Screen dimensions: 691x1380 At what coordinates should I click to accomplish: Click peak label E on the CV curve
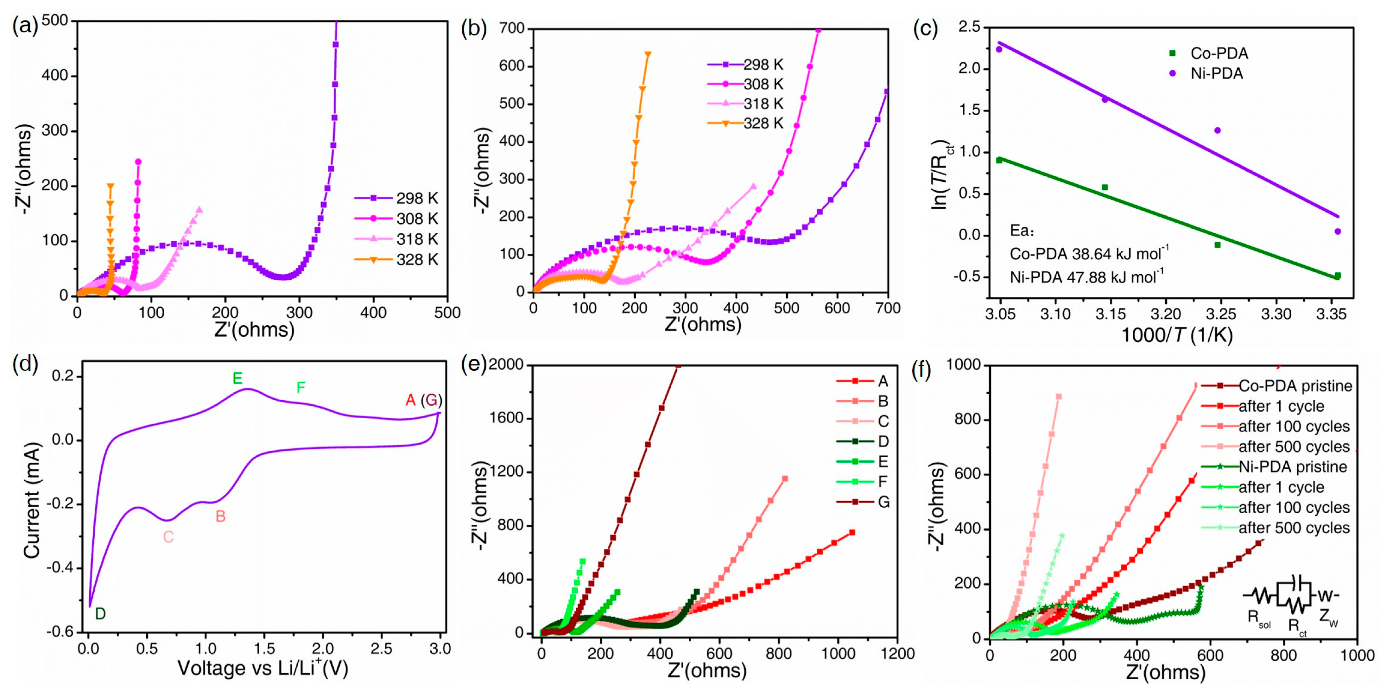point(237,379)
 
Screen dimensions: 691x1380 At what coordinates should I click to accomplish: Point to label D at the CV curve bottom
point(100,614)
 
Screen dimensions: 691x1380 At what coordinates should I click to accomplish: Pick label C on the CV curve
point(168,537)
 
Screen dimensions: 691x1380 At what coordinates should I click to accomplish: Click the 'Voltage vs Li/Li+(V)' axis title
point(263,669)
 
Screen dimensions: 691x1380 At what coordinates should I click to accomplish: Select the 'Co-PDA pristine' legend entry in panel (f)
point(1295,386)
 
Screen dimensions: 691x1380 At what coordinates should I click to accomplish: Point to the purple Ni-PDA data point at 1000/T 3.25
point(1217,130)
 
